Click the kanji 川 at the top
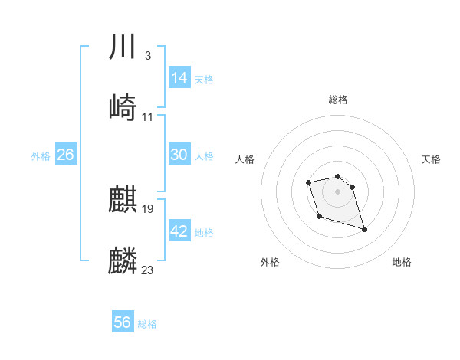tap(123, 47)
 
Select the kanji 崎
tap(123, 108)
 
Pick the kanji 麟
tap(123, 261)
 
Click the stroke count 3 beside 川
tap(147, 56)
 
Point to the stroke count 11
tap(148, 117)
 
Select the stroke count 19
tap(148, 208)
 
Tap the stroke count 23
tap(148, 270)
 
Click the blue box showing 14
tap(179, 77)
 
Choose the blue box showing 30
tap(179, 154)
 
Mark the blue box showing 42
tap(179, 231)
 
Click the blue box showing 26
tap(65, 155)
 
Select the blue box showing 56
tap(123, 322)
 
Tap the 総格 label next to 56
tap(147, 324)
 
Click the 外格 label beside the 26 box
tap(41, 156)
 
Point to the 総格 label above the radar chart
tap(338, 100)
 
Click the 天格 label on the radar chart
tap(432, 159)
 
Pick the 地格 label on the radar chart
tap(402, 263)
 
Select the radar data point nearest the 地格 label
tap(364, 229)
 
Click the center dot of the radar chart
tap(338, 191)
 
